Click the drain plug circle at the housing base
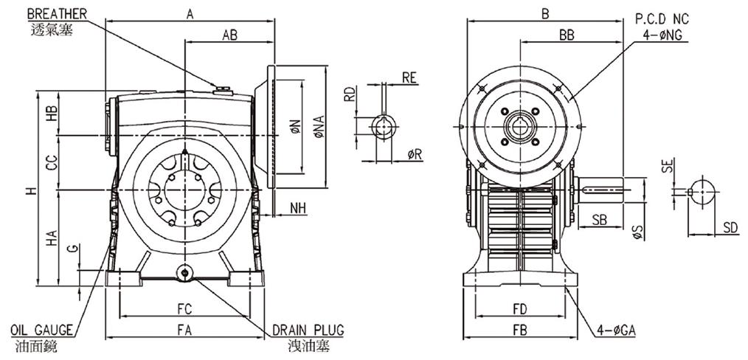183,274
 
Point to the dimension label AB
229,35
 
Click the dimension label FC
184,308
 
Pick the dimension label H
29,191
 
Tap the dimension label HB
50,114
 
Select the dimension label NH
297,208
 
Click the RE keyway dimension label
410,77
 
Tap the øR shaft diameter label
414,154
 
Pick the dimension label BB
567,35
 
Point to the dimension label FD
519,308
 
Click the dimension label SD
730,226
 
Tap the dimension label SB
598,219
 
